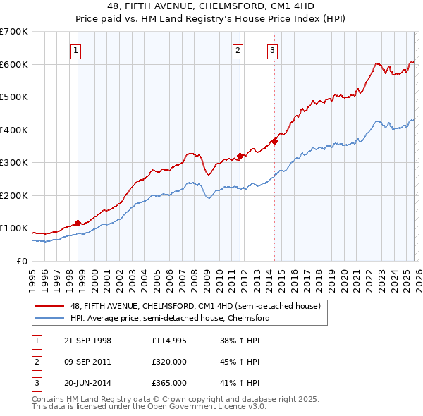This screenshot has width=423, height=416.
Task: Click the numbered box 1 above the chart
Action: click(75, 50)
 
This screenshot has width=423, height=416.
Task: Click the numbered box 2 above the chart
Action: click(238, 50)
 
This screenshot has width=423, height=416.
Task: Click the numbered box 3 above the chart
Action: click(272, 50)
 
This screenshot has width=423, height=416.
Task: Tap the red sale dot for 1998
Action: click(78, 224)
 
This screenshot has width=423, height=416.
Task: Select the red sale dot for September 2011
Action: click(240, 156)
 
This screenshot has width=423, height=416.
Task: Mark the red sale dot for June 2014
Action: click(274, 141)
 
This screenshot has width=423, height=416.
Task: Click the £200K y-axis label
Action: click(14, 195)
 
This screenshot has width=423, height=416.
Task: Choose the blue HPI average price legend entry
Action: click(169, 318)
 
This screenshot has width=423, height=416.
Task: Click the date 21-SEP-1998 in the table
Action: click(87, 341)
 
